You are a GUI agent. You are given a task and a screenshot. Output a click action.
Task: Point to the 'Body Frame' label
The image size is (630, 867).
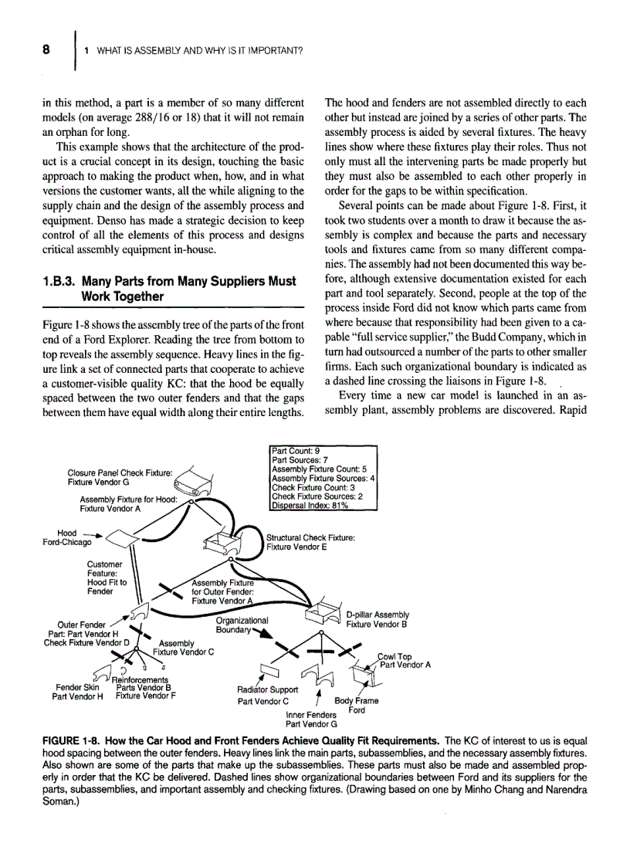[x=356, y=701]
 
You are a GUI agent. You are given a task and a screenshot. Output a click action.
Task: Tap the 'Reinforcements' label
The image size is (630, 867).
[x=140, y=679]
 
